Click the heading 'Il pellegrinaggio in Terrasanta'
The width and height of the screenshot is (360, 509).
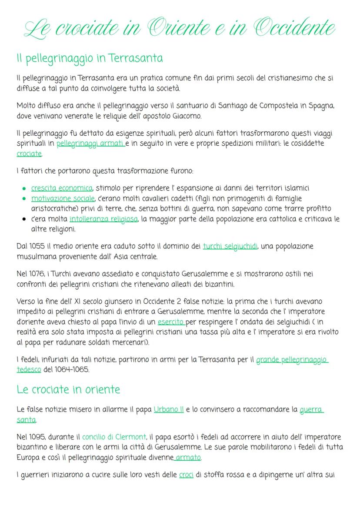pyautogui.click(x=89, y=58)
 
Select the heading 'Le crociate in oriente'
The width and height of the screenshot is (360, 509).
pyautogui.click(x=68, y=389)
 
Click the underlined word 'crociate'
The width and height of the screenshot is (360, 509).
pyautogui.click(x=29, y=154)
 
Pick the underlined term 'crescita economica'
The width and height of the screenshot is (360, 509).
pyautogui.click(x=61, y=188)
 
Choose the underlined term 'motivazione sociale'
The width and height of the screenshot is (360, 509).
pyautogui.click(x=63, y=198)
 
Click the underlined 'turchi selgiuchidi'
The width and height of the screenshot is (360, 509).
pyautogui.click(x=230, y=246)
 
